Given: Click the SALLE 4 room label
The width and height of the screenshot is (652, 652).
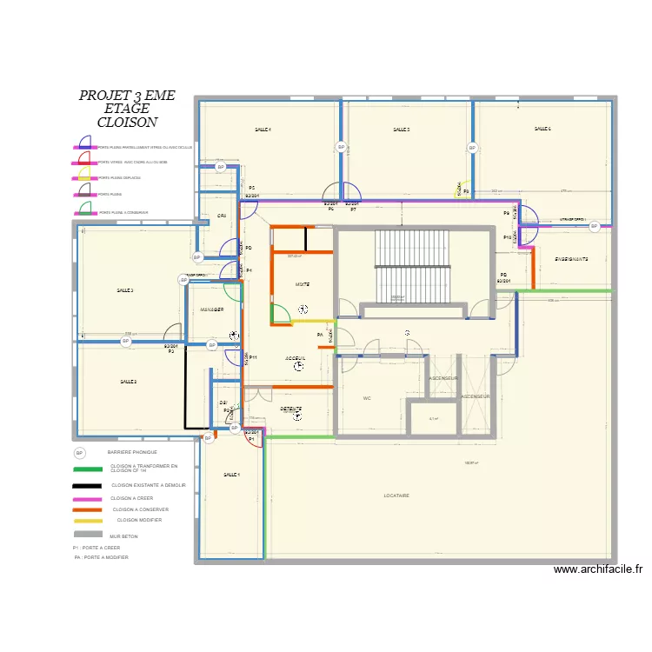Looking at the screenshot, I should tap(263, 130).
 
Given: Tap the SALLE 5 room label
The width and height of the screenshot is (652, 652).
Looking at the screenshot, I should tap(401, 130).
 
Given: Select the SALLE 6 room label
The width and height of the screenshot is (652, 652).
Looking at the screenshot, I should tap(542, 129).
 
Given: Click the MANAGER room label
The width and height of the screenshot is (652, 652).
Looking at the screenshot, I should tap(213, 309).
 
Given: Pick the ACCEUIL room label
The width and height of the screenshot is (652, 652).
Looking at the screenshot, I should tap(296, 358).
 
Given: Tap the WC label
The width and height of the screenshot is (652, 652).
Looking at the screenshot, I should tap(367, 398).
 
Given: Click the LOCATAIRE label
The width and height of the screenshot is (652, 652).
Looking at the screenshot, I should tap(396, 496).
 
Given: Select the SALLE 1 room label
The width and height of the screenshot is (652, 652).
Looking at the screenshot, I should tap(231, 475).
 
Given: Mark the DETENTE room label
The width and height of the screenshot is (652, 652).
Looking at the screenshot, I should tap(290, 409).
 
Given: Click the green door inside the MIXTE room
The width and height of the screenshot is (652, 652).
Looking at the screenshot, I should tap(281, 314).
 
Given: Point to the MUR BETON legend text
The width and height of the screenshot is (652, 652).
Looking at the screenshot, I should tap(123, 536).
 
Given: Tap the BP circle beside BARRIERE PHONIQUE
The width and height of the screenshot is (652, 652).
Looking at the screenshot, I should tap(79, 453).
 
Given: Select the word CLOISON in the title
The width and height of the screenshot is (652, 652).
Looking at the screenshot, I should tap(127, 123).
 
